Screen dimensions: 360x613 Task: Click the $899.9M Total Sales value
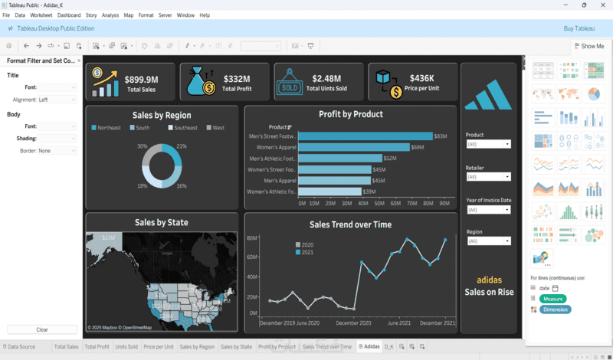[141, 78]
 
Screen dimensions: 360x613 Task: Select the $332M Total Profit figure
[236, 78]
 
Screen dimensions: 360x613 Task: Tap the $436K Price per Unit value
[421, 78]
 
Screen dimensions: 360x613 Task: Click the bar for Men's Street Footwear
[365, 136]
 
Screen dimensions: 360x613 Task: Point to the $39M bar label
[369, 191]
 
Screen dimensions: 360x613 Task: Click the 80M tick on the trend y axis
[251, 238]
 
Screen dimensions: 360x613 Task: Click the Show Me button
[588, 46]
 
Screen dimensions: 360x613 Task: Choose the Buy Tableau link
[579, 28]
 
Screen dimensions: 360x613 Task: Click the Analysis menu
[110, 15]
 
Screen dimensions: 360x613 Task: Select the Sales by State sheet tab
[236, 347]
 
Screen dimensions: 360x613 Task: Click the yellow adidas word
[489, 280]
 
